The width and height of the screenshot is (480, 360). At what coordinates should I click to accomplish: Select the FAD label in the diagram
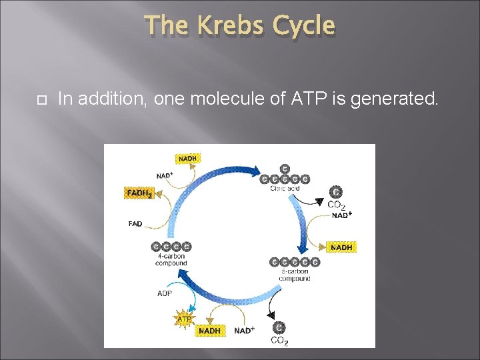pos(135,224)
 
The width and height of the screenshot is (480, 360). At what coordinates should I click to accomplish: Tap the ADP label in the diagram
pos(165,293)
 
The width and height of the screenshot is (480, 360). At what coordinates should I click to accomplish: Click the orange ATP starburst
pos(184,319)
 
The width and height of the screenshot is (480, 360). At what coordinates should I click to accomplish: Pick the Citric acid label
pos(285,189)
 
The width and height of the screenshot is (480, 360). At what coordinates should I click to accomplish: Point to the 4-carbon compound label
pos(171,259)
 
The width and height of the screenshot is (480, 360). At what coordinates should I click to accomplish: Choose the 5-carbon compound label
pos(294,275)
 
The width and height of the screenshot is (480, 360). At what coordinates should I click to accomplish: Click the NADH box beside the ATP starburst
pos(209,330)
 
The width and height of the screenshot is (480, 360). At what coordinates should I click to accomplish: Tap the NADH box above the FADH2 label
pos(187,159)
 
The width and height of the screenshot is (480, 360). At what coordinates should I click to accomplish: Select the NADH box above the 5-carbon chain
pos(341,247)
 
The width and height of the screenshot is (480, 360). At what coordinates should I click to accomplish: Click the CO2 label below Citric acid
pos(336,205)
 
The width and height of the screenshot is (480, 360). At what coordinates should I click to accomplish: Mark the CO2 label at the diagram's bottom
pos(279,341)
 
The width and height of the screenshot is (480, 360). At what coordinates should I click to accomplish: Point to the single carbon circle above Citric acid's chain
pos(285,169)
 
